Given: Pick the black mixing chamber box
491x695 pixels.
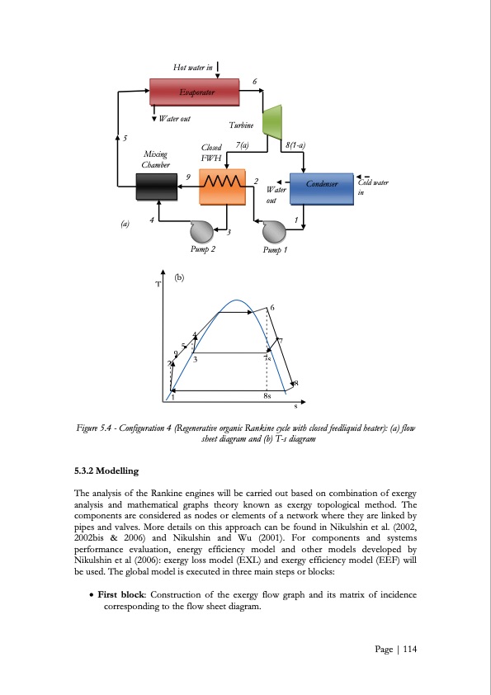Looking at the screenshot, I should pos(156,188).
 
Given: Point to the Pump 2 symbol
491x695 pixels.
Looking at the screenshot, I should pos(202,229).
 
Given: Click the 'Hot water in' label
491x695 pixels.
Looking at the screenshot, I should pos(192,67).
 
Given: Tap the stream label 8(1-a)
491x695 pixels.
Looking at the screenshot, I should pos(295,145).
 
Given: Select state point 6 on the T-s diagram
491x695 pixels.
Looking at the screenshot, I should pos(272,309).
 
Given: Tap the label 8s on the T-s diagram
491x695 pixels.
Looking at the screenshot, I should pos(267,396).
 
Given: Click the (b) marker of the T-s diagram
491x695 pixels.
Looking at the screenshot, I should pos(177,279).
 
